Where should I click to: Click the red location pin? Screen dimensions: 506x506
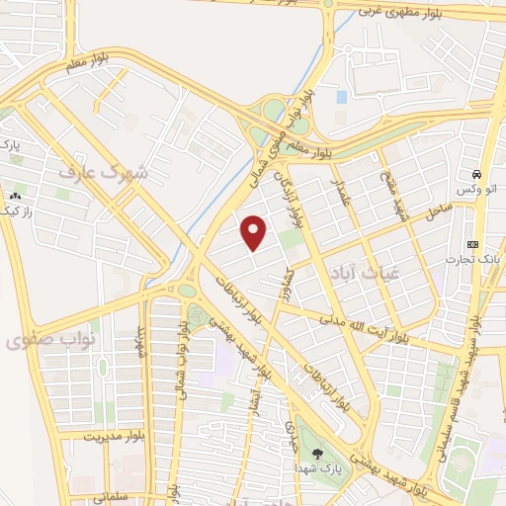point(255,233)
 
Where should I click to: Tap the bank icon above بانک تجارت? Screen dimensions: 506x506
point(472,243)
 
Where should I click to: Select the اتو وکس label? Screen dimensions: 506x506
point(474,188)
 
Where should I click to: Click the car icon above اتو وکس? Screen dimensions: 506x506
point(475,170)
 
